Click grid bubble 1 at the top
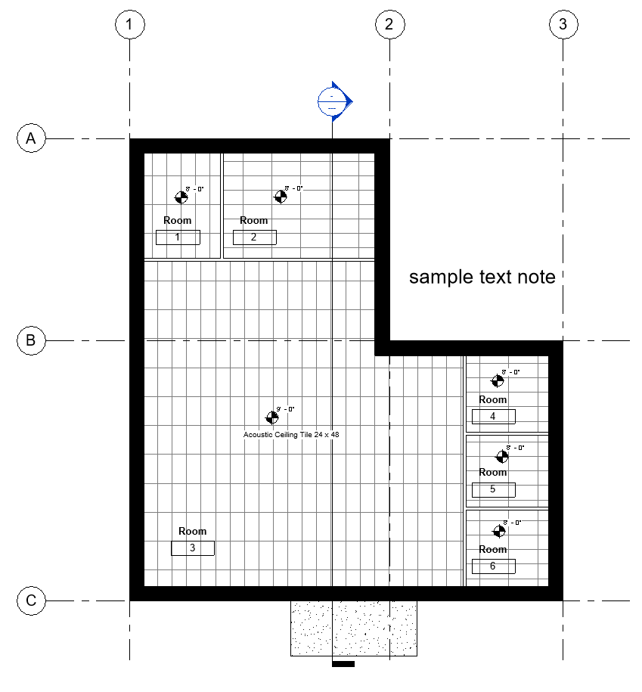point(129,24)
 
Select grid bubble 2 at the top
point(389,24)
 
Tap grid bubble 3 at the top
point(562,24)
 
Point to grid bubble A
point(31,138)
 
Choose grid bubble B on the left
point(31,340)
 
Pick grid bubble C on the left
point(31,600)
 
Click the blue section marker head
point(333,101)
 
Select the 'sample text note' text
point(482,277)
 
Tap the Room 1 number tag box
point(178,237)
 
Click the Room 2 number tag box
point(254,237)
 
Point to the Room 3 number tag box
point(193,548)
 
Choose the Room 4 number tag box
point(493,416)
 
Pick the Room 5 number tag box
point(493,489)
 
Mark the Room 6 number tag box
point(493,566)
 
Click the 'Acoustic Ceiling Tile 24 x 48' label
point(291,434)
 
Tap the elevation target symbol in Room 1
point(181,197)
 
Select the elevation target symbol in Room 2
point(281,196)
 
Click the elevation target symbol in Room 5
point(502,456)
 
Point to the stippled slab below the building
point(354,628)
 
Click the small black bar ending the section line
point(343,664)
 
